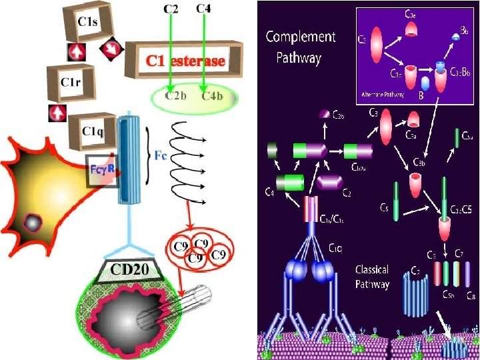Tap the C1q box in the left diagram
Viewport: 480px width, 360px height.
92,130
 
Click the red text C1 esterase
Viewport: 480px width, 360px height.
186,61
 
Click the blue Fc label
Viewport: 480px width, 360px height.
161,157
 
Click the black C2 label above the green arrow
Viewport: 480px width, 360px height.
171,9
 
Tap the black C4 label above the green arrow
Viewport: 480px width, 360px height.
205,9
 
